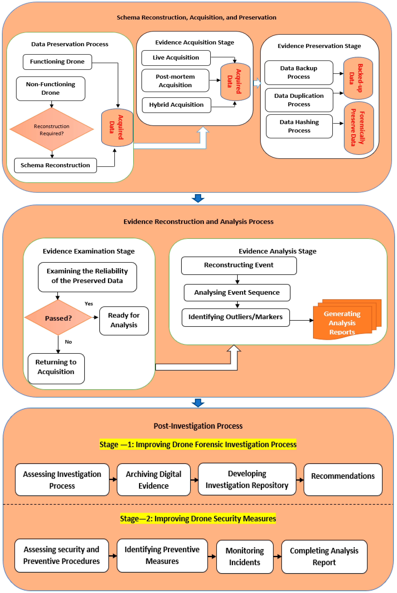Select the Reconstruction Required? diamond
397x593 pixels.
coord(52,129)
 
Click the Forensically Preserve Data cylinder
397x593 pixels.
coord(358,128)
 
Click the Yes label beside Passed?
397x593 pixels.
coord(89,303)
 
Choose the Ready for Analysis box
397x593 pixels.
coord(124,320)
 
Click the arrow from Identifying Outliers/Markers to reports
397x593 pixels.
coord(301,320)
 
